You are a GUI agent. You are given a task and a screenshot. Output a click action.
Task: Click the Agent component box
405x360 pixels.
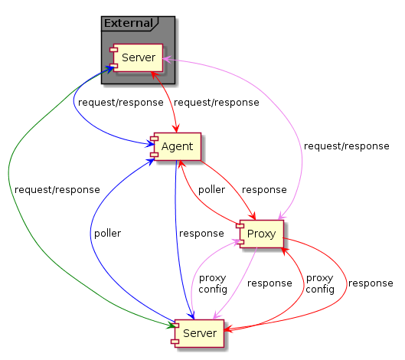coord(176,146)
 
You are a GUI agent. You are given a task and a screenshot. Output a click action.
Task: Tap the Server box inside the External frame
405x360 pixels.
coord(136,57)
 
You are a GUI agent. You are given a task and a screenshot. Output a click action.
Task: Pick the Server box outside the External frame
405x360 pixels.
coord(198,333)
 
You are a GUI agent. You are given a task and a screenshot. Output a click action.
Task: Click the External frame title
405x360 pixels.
coord(129,23)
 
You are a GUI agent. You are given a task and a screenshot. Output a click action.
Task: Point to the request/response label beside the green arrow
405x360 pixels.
coord(57,190)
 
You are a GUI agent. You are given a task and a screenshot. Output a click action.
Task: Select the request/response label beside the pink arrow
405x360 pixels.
coord(347,146)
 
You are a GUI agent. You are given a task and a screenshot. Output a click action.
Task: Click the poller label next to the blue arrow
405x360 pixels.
coord(107,234)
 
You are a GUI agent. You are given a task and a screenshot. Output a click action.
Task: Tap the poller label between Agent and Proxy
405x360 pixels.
coord(211,190)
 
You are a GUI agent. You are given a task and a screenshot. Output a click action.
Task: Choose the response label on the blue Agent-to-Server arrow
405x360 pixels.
coord(201,234)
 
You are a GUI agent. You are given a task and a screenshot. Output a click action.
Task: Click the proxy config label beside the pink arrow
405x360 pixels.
coord(213,283)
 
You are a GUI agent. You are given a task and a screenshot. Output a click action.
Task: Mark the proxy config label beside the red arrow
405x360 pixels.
coord(320,283)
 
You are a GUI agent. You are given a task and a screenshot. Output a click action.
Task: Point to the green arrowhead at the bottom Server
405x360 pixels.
coord(171,325)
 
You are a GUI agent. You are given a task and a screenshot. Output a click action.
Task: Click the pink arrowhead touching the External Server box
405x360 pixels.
coord(167,60)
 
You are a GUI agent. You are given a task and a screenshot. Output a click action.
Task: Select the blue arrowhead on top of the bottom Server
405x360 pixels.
coord(191,316)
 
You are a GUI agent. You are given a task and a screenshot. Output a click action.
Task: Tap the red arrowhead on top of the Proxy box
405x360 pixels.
coord(253,216)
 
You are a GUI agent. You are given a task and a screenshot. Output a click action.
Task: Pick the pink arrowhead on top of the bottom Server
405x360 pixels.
coord(217,316)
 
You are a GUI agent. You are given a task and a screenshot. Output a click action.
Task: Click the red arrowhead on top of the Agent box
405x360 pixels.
coord(177,129)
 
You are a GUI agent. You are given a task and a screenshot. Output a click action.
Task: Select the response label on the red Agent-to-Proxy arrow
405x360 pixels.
coord(264,190)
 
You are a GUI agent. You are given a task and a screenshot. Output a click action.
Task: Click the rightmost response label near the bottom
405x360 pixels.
coord(371,283)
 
